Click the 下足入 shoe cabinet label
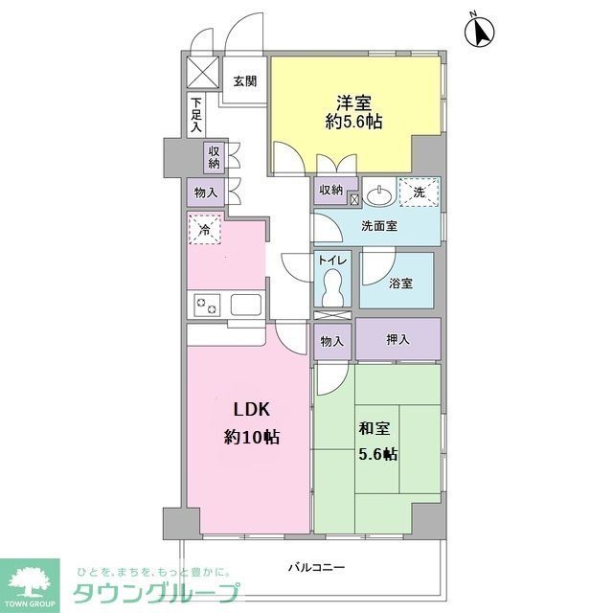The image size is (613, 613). [195, 114]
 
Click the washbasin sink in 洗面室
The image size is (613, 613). [379, 194]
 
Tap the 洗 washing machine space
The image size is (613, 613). [419, 192]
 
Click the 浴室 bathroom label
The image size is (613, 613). [401, 284]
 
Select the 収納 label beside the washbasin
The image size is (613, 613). [331, 190]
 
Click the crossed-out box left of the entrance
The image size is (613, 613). [203, 71]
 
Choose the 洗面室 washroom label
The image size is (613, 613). [379, 226]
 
